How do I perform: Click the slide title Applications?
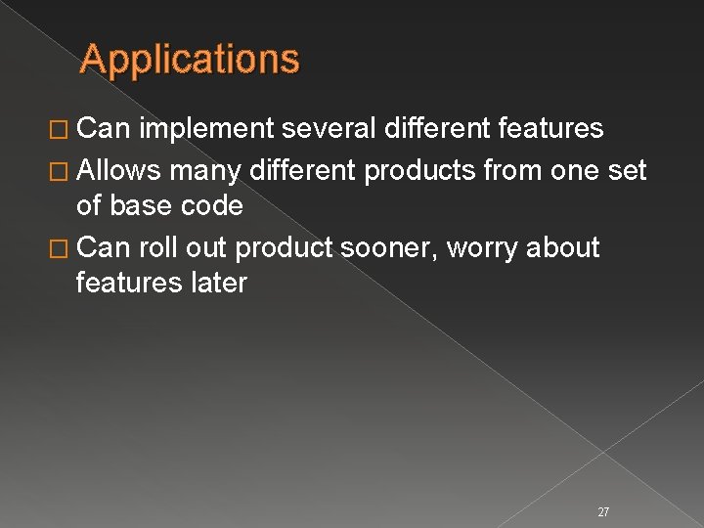click(190, 59)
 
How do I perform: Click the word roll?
click(156, 247)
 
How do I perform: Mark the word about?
click(562, 247)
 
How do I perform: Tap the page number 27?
click(603, 484)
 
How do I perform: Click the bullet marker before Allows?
click(64, 172)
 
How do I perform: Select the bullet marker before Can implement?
click(64, 130)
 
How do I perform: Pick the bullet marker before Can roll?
click(64, 248)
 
